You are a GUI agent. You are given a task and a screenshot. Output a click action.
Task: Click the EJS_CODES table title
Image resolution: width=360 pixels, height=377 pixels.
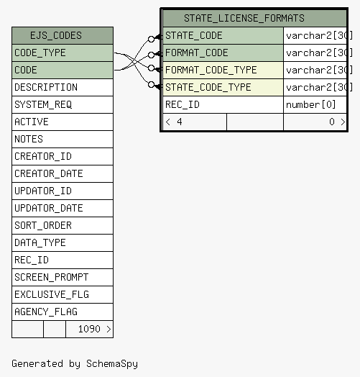(x=56, y=35)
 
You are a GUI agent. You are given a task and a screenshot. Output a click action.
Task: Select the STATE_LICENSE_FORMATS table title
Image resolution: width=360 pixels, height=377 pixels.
(x=244, y=18)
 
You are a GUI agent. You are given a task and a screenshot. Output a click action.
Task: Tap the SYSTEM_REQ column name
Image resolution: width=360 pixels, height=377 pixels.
(x=43, y=104)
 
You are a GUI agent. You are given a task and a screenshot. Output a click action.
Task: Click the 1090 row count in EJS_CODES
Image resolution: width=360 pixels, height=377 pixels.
(x=89, y=329)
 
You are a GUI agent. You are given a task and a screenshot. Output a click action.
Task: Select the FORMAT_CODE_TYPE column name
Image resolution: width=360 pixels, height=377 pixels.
(x=211, y=71)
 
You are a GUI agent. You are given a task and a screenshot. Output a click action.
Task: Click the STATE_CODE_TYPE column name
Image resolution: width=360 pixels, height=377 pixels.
(x=208, y=87)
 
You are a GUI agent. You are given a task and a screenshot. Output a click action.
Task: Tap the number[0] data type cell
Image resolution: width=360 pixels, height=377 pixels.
(x=310, y=104)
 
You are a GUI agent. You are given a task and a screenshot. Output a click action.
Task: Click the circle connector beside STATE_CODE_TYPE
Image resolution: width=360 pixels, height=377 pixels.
(x=151, y=84)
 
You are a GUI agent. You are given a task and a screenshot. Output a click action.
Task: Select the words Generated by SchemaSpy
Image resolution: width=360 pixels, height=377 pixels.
(x=75, y=364)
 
